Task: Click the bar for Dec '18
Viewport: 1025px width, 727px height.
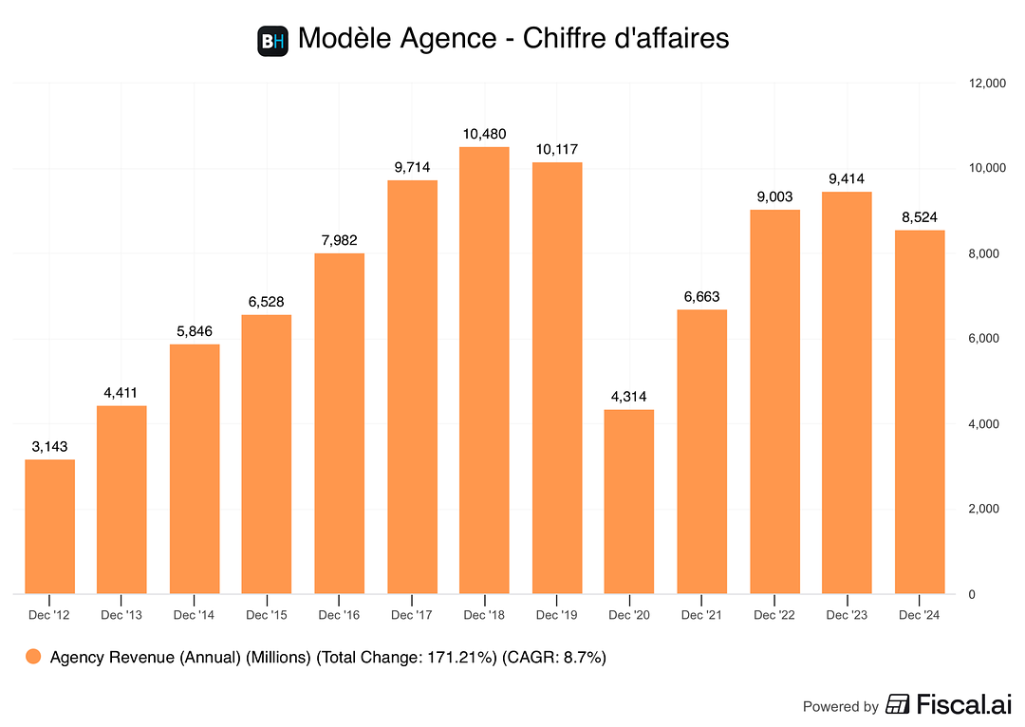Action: click(x=484, y=370)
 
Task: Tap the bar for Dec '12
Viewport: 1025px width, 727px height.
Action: click(x=49, y=527)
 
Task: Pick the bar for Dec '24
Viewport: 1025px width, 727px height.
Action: click(x=920, y=412)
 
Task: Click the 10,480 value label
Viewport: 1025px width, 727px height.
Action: click(x=484, y=134)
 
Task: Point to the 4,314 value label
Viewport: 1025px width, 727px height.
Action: click(x=629, y=396)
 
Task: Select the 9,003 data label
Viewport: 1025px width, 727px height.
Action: click(x=774, y=196)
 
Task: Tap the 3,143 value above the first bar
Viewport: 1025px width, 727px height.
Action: click(x=49, y=446)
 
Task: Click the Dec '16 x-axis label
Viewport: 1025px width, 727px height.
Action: click(x=339, y=616)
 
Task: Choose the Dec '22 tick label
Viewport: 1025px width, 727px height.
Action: click(x=774, y=616)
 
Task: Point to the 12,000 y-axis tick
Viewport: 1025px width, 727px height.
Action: click(x=985, y=84)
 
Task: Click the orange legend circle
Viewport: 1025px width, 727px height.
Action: click(x=34, y=657)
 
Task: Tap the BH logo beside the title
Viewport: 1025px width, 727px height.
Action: click(x=272, y=41)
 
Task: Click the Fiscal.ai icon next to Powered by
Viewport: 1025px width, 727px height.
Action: click(x=897, y=705)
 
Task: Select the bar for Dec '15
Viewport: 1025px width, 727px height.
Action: click(x=267, y=455)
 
